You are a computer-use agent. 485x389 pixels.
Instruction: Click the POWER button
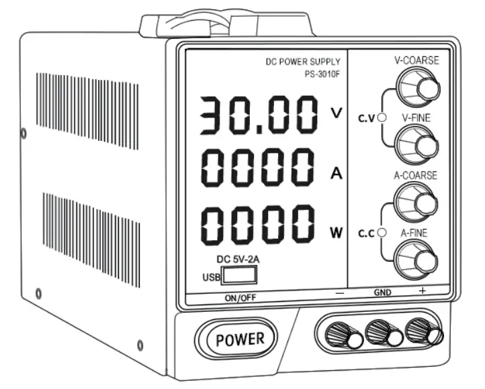(240, 339)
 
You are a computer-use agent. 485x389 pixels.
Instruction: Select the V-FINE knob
(416, 142)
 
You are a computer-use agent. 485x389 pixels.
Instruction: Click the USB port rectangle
(239, 274)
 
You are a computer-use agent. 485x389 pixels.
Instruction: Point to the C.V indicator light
(382, 118)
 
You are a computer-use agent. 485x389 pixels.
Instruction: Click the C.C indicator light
(382, 232)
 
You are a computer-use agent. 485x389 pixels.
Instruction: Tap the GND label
(383, 293)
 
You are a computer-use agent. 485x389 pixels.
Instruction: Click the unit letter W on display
(336, 233)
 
